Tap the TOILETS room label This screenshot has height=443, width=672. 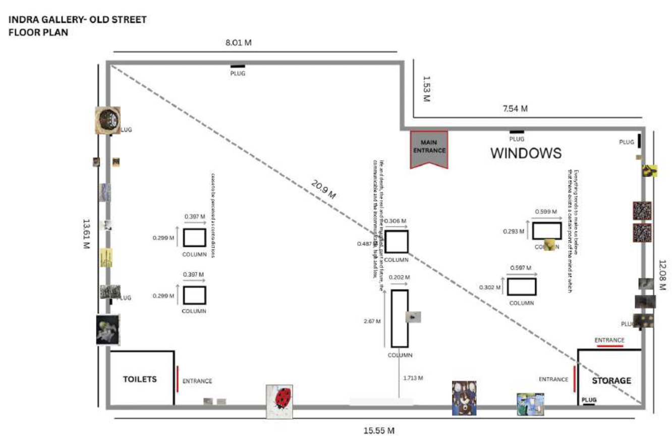click(x=140, y=379)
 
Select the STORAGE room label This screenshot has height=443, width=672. click(x=611, y=380)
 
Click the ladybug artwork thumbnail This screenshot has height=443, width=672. click(x=279, y=402)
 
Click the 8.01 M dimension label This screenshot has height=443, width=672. click(x=238, y=43)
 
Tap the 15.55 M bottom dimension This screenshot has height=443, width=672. click(x=378, y=431)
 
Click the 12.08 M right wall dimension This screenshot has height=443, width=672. click(x=663, y=275)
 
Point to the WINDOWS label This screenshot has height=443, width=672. click(x=526, y=153)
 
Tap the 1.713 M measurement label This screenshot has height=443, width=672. click(x=413, y=377)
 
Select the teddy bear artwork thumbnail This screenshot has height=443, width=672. click(x=464, y=398)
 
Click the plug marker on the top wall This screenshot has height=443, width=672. click(x=238, y=66)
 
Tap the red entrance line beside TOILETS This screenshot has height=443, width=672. click(x=178, y=379)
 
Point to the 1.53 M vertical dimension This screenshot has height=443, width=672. click(x=425, y=89)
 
